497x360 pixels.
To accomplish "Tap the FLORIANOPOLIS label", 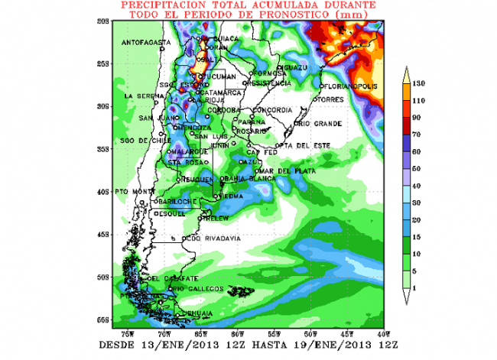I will tap(350, 86).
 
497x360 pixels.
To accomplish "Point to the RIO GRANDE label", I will tap(314, 122).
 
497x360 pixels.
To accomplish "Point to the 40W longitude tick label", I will tap(383, 334).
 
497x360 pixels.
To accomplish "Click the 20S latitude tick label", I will tap(107, 21).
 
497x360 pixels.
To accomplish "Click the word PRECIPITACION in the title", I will tap(159, 5).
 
